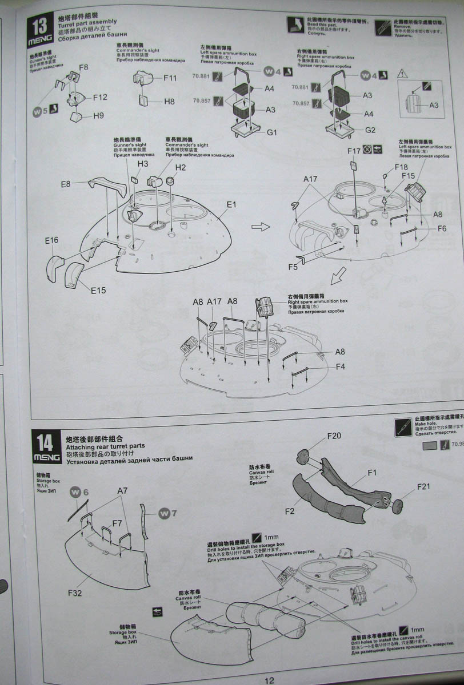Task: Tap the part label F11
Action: (170, 78)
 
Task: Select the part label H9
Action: (98, 116)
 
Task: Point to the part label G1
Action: (272, 132)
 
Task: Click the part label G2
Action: (370, 130)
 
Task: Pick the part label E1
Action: (231, 204)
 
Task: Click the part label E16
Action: (51, 240)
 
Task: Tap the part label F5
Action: (293, 267)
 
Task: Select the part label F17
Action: (354, 151)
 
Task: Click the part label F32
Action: (75, 593)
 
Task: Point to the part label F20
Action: (334, 436)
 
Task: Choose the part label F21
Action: (423, 487)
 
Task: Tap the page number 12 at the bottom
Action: (270, 679)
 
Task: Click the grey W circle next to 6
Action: (75, 492)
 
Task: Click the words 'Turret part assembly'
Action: (87, 22)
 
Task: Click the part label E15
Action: (98, 291)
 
